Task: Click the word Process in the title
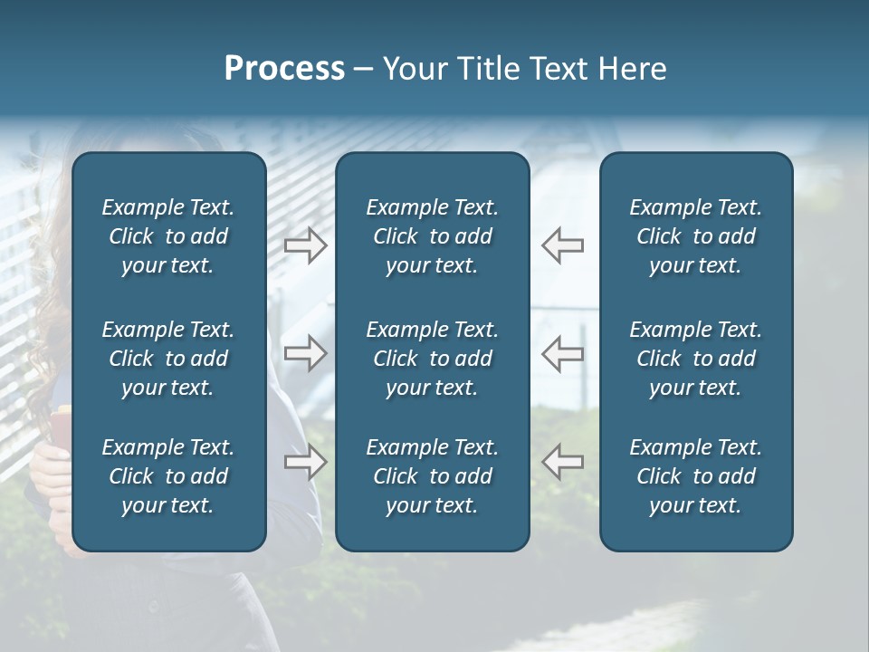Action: click(x=284, y=69)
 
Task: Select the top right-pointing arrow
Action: click(x=305, y=245)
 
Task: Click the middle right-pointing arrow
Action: click(x=305, y=353)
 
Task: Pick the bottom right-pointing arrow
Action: click(x=305, y=462)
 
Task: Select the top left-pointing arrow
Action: click(x=562, y=245)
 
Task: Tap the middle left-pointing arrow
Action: click(x=562, y=353)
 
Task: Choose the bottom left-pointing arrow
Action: click(x=562, y=462)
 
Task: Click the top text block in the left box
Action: click(x=168, y=236)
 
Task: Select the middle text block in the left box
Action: click(x=168, y=359)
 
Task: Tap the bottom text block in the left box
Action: click(x=168, y=476)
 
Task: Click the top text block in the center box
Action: click(x=432, y=236)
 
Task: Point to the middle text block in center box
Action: click(x=432, y=359)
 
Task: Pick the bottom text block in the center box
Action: click(x=432, y=476)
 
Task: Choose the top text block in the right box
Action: click(x=695, y=236)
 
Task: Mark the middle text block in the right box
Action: click(x=695, y=359)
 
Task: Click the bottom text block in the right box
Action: click(x=695, y=476)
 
